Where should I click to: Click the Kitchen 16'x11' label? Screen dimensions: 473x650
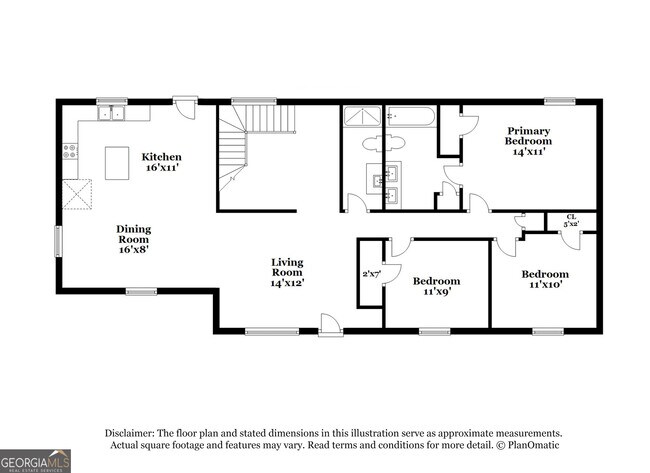(161, 162)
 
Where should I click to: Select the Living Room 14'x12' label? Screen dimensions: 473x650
(287, 273)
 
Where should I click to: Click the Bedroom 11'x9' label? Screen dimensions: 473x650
(436, 287)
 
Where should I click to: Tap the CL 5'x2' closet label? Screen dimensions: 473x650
(571, 220)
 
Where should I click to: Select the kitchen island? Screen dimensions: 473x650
(118, 161)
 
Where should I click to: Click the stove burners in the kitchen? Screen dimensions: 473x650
(70, 151)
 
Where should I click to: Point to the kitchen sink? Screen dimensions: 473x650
(111, 114)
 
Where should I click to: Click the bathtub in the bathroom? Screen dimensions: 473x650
(410, 117)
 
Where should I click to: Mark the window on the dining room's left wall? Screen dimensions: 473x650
(58, 241)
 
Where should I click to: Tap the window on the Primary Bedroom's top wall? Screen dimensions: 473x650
(559, 100)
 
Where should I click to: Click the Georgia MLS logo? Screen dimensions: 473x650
(36, 461)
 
